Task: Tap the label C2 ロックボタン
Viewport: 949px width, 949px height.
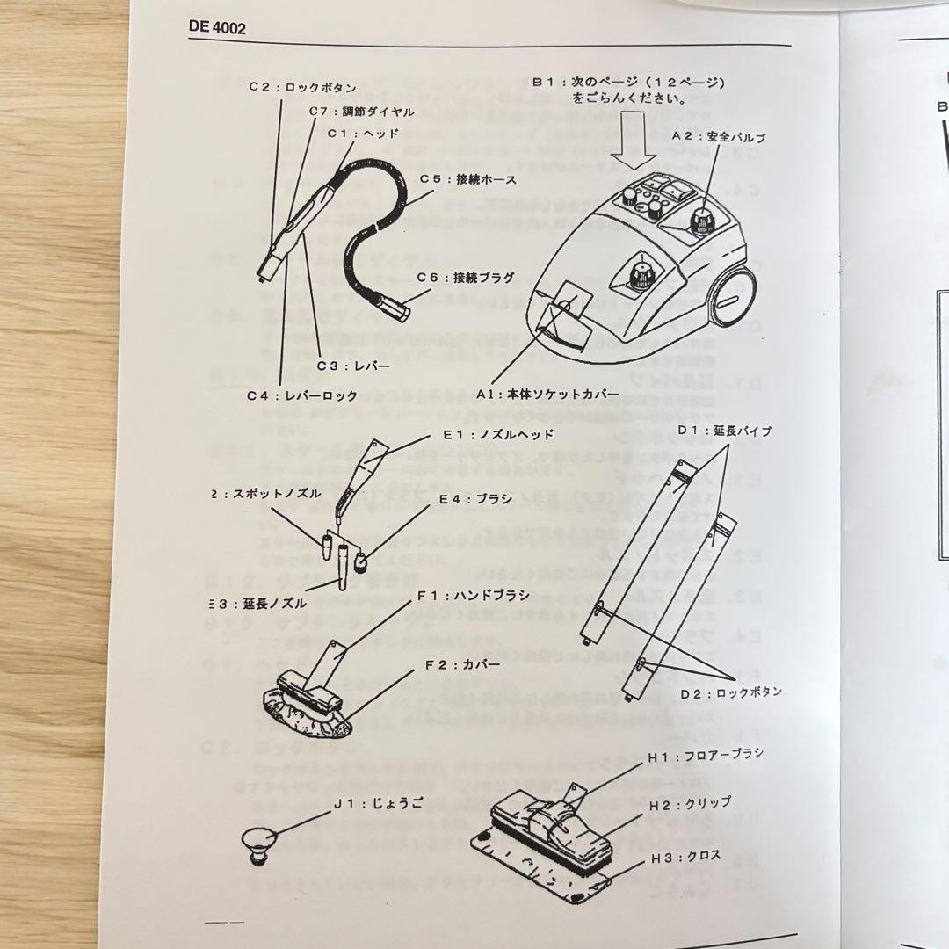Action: tap(301, 88)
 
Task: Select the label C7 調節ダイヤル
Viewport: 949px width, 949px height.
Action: tap(361, 112)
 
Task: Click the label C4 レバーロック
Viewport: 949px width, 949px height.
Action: tap(302, 395)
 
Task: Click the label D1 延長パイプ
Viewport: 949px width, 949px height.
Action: tap(725, 431)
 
